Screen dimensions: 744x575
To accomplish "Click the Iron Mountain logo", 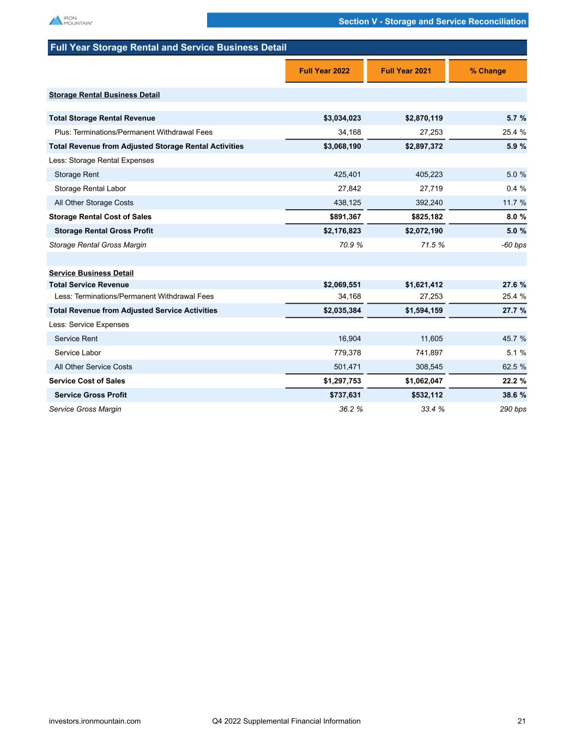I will coord(71,20).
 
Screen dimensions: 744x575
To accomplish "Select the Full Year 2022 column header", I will coord(324,71).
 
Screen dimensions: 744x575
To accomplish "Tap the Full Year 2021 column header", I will coord(406,71).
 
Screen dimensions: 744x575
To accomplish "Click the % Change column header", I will coord(488,71).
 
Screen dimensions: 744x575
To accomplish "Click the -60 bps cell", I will coord(513,245).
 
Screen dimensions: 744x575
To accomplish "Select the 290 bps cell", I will coord(514,409).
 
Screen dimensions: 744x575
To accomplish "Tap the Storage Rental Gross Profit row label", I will coord(104,231).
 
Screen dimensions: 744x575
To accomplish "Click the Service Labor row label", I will coord(77,353).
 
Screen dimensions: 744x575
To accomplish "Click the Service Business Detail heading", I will coord(91,273).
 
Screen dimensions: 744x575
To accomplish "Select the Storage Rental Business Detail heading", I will coord(104,95).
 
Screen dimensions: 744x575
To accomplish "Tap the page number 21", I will coord(522,721).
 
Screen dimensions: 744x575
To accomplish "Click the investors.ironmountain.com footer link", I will coord(95,721).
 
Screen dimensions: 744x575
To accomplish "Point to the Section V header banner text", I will coord(432,22).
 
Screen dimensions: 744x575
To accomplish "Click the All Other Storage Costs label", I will coord(94,203).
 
